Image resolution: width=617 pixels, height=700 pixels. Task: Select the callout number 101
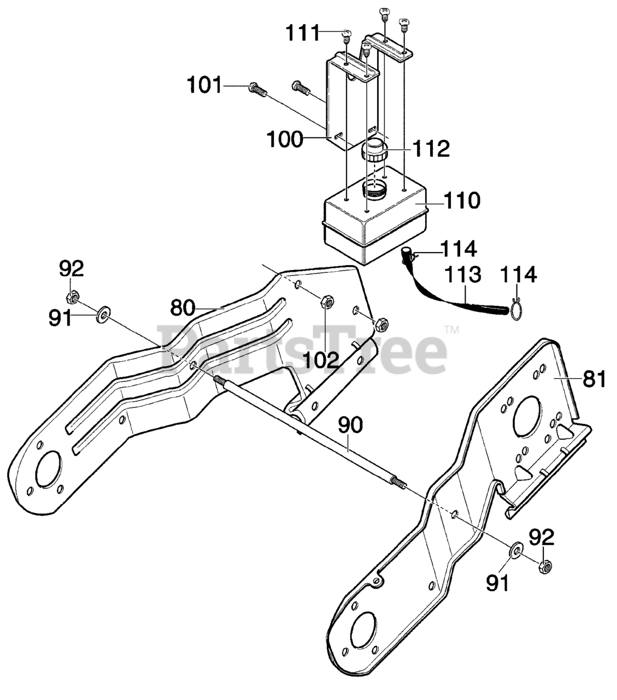(205, 85)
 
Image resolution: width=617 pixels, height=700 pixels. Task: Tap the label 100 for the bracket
(284, 139)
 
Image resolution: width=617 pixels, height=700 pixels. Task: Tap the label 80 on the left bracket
(183, 308)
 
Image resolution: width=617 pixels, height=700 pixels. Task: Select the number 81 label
(594, 378)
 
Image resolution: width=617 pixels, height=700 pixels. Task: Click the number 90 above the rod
(350, 425)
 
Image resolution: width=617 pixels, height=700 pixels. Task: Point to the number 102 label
(321, 359)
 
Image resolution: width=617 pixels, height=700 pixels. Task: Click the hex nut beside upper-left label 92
(71, 298)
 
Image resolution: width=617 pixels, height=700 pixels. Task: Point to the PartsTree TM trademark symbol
(451, 330)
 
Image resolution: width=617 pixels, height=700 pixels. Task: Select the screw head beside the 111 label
(346, 36)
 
